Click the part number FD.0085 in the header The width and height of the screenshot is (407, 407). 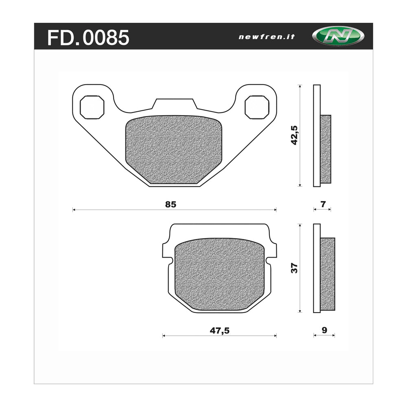coord(88,37)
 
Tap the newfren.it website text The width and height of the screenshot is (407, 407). coord(266,37)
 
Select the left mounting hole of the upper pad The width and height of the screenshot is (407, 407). coord(92,107)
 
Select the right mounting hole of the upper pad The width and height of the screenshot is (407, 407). coord(257,107)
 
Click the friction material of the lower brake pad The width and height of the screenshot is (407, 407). coord(219,275)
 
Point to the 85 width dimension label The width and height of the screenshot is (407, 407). coord(171,205)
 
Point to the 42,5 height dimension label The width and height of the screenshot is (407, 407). coord(294,136)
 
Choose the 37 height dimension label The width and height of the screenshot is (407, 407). coord(294,268)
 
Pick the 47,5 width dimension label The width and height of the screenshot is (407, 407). coord(220,330)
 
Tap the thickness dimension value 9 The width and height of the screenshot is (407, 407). coord(324,330)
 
